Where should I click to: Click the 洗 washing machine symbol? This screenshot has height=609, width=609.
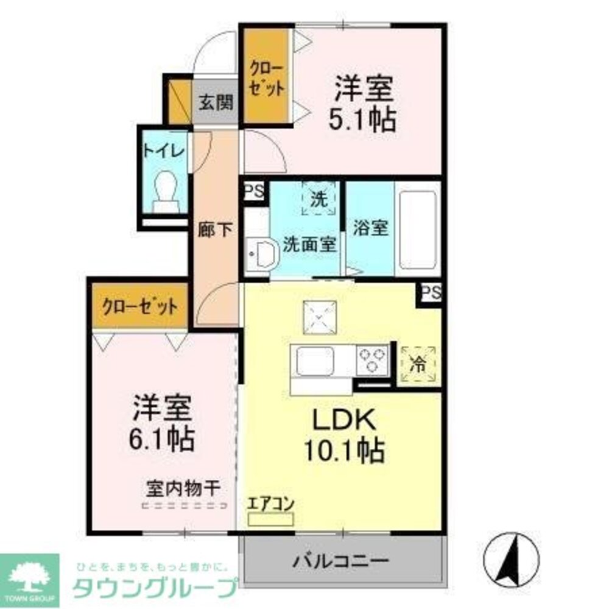(319, 198)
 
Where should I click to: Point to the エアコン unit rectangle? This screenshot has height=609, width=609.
(270, 519)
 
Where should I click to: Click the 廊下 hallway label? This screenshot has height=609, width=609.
(215, 230)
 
